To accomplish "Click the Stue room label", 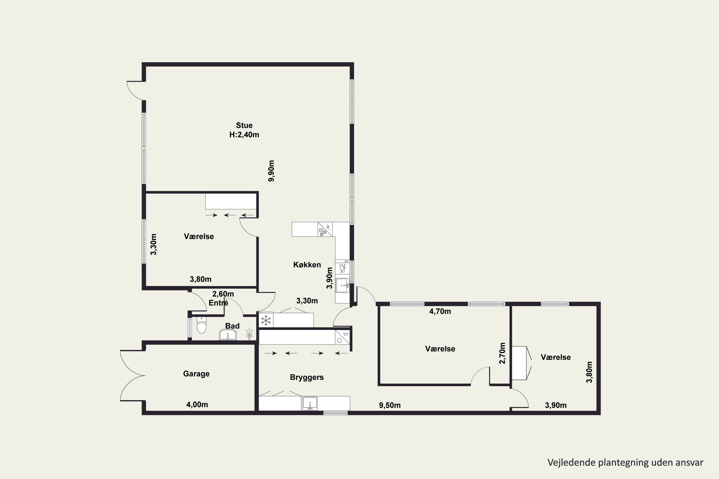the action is (244, 125).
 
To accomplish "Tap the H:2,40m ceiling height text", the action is (244, 135).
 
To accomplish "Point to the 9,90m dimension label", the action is (271, 171).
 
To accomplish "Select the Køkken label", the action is (307, 265).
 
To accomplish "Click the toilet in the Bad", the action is (202, 325).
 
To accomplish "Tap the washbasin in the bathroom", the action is (228, 335).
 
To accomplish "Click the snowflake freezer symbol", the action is (266, 320).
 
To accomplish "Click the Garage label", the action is (196, 374).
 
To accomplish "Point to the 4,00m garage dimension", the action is (197, 405).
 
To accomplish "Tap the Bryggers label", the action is (307, 378).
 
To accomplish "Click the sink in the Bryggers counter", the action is (310, 404).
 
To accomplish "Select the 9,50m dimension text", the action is (390, 405).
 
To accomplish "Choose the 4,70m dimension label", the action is (440, 311).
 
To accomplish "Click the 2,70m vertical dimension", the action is (502, 353).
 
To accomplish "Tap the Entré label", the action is (218, 303).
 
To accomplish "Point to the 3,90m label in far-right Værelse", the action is (556, 405).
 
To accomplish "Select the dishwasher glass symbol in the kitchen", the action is (342, 269).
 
